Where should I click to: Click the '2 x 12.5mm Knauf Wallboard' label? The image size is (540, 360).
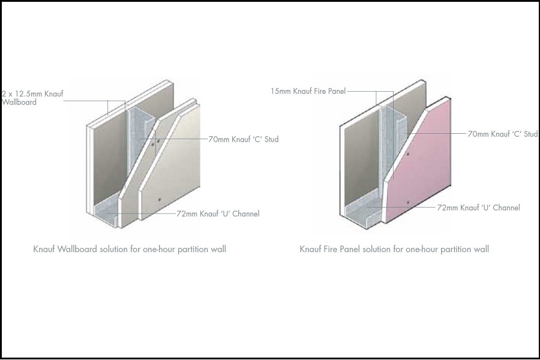pos(32,98)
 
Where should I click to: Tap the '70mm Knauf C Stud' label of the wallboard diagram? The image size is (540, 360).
pos(244,140)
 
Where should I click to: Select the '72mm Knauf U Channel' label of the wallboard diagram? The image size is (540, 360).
pos(218,214)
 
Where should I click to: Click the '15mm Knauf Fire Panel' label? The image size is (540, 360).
pos(308,91)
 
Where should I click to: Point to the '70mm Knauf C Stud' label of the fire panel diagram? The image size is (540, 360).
pos(502,134)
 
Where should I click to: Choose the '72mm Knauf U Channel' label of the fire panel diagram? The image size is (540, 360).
pos(478,208)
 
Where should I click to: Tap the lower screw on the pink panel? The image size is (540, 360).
pos(408,202)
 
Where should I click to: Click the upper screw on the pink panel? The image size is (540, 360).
pos(408,154)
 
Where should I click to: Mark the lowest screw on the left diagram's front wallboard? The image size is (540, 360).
pos(160,200)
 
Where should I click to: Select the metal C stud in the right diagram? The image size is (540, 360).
pos(391,145)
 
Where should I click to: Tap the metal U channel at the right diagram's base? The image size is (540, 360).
pos(362,210)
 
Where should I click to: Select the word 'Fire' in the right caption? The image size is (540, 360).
pos(331,249)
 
